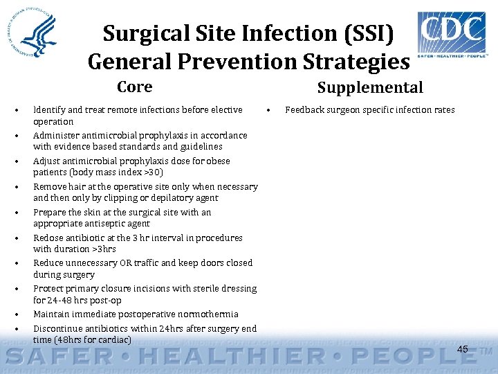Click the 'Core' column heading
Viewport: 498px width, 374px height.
click(135, 87)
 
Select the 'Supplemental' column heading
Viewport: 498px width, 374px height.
click(370, 87)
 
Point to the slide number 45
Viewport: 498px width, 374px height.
click(463, 349)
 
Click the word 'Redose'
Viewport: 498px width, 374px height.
click(48, 238)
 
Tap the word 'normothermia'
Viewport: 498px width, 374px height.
click(207, 314)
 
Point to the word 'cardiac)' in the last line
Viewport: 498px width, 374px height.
click(114, 340)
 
